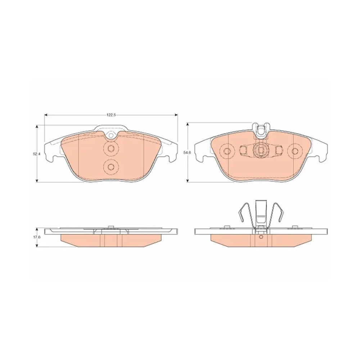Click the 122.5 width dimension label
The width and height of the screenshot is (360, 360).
111,115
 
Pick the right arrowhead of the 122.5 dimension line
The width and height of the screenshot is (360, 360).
176,115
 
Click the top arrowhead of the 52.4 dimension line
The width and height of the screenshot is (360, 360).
37,127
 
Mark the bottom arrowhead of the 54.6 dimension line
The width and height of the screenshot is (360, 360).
188,181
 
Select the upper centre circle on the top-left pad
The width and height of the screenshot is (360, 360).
111,149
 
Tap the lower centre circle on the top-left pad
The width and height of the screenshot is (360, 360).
111,167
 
